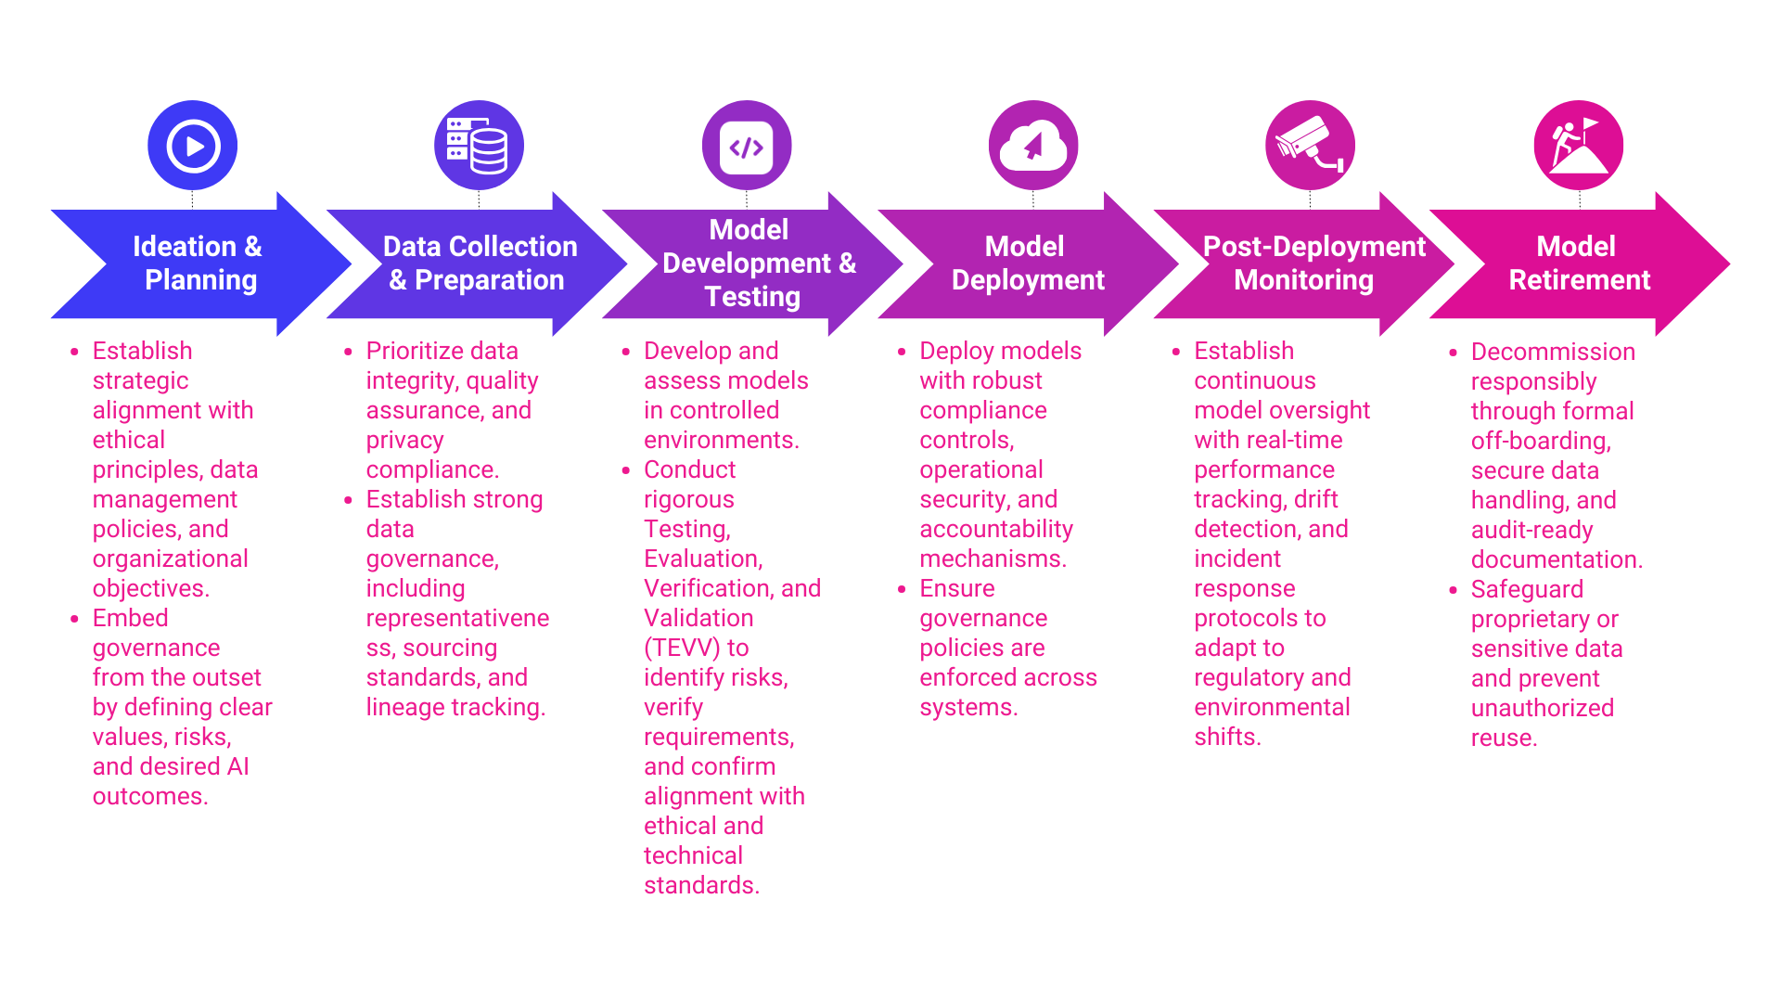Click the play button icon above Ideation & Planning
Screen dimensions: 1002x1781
(193, 146)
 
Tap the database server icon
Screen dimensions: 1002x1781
(479, 146)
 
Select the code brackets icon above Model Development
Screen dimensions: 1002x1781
(747, 147)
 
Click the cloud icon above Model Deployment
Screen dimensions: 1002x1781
(1033, 146)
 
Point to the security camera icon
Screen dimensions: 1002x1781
(1310, 146)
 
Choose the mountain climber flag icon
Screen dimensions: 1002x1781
(1579, 146)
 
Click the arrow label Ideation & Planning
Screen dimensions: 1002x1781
(199, 263)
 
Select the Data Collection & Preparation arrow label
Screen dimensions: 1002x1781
(479, 263)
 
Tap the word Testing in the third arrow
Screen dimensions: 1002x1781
(752, 297)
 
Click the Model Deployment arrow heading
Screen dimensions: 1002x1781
(1027, 263)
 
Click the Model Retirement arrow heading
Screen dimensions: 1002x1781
(1579, 263)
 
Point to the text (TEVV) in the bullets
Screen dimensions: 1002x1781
(682, 648)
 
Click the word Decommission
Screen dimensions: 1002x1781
(1553, 352)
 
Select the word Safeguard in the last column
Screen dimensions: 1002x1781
(1527, 589)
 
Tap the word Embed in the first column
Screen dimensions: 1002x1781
(130, 618)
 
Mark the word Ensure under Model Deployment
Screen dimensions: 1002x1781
(956, 588)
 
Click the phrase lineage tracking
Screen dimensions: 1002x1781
(455, 707)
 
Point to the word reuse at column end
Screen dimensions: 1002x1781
(1503, 738)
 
